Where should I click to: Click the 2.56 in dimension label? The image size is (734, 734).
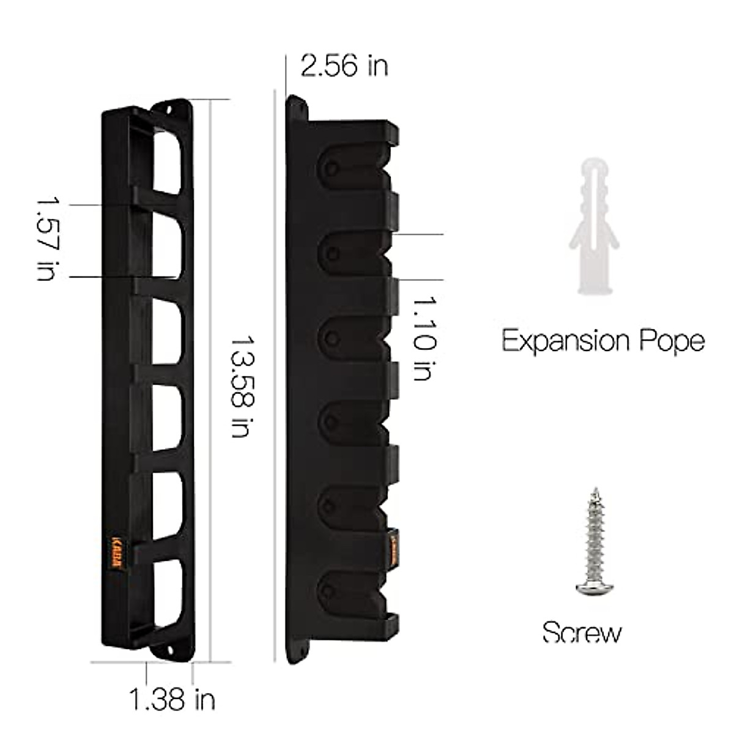(344, 65)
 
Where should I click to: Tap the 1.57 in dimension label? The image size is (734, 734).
(47, 238)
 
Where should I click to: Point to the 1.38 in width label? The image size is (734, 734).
(172, 699)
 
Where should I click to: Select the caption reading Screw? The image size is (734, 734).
(582, 632)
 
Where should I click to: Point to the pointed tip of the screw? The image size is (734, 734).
(594, 489)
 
